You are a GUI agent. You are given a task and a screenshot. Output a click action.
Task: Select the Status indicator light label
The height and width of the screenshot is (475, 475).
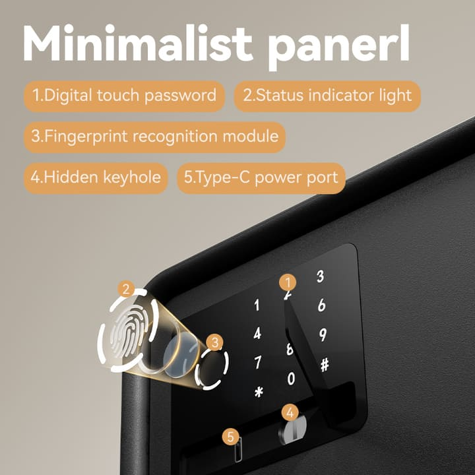[x=327, y=96]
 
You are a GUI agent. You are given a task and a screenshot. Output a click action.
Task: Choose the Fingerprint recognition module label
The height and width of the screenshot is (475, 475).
[x=155, y=137]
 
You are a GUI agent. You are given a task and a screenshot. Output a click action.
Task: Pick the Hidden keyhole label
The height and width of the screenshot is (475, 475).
[x=96, y=177]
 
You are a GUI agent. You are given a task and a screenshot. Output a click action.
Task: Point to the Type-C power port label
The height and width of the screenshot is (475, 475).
[x=261, y=177]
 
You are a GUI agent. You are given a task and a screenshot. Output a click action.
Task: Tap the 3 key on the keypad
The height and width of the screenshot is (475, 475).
[x=320, y=276]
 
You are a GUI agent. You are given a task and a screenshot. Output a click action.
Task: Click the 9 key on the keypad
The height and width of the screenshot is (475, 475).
[x=323, y=335]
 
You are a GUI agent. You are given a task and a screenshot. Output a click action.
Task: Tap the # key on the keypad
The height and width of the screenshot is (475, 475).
[x=324, y=365]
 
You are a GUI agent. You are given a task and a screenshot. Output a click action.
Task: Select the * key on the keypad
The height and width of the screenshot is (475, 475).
[x=259, y=392]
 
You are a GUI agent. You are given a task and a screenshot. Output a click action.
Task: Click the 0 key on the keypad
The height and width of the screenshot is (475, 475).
[x=291, y=379]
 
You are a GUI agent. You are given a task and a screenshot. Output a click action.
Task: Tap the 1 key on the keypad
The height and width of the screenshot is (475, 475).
[x=257, y=305]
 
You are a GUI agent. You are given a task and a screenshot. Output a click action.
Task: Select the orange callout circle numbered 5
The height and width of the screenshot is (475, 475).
[x=230, y=435]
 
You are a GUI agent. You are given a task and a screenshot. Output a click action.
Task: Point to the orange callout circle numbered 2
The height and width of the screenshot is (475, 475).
[x=125, y=288]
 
